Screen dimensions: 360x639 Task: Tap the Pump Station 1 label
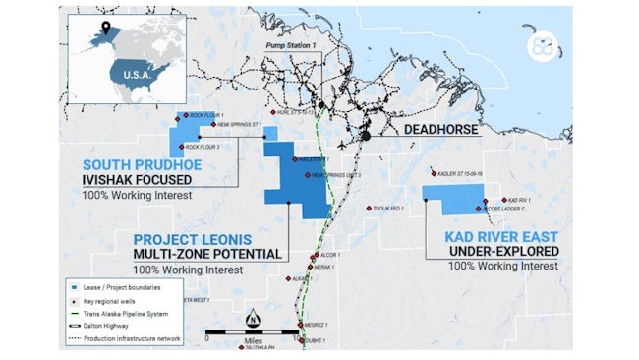click(296, 47)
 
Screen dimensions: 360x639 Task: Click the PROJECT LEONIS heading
click(193, 239)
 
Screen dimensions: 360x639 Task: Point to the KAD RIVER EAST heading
click(502, 236)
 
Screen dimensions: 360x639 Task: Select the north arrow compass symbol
click(253, 319)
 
